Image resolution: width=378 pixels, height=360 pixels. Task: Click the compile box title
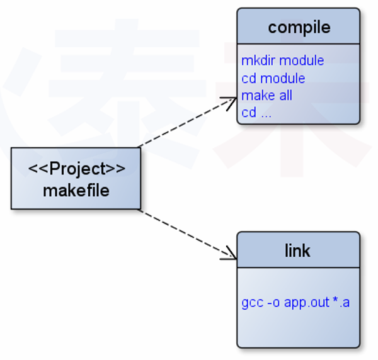click(x=299, y=28)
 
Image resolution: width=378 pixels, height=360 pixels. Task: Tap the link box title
click(x=297, y=250)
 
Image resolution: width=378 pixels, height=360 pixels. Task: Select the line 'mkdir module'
click(x=283, y=60)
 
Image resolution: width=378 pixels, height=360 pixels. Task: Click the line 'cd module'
click(x=273, y=78)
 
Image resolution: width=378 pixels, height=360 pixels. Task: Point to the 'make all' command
click(x=267, y=96)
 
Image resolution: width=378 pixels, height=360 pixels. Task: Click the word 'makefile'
click(x=76, y=190)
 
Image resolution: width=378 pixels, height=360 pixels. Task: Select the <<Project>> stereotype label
click(x=76, y=169)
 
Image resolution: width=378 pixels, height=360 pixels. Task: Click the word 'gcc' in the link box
click(x=252, y=303)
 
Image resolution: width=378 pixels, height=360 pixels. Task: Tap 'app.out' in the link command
click(x=306, y=303)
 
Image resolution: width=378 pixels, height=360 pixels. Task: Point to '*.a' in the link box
click(x=341, y=303)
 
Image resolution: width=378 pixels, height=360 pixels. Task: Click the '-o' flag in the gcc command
click(x=273, y=303)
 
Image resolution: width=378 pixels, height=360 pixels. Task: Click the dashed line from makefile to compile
click(x=183, y=125)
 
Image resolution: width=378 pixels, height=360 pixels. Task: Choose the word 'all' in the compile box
click(x=285, y=96)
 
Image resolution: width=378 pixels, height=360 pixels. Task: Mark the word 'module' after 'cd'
click(x=283, y=78)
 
